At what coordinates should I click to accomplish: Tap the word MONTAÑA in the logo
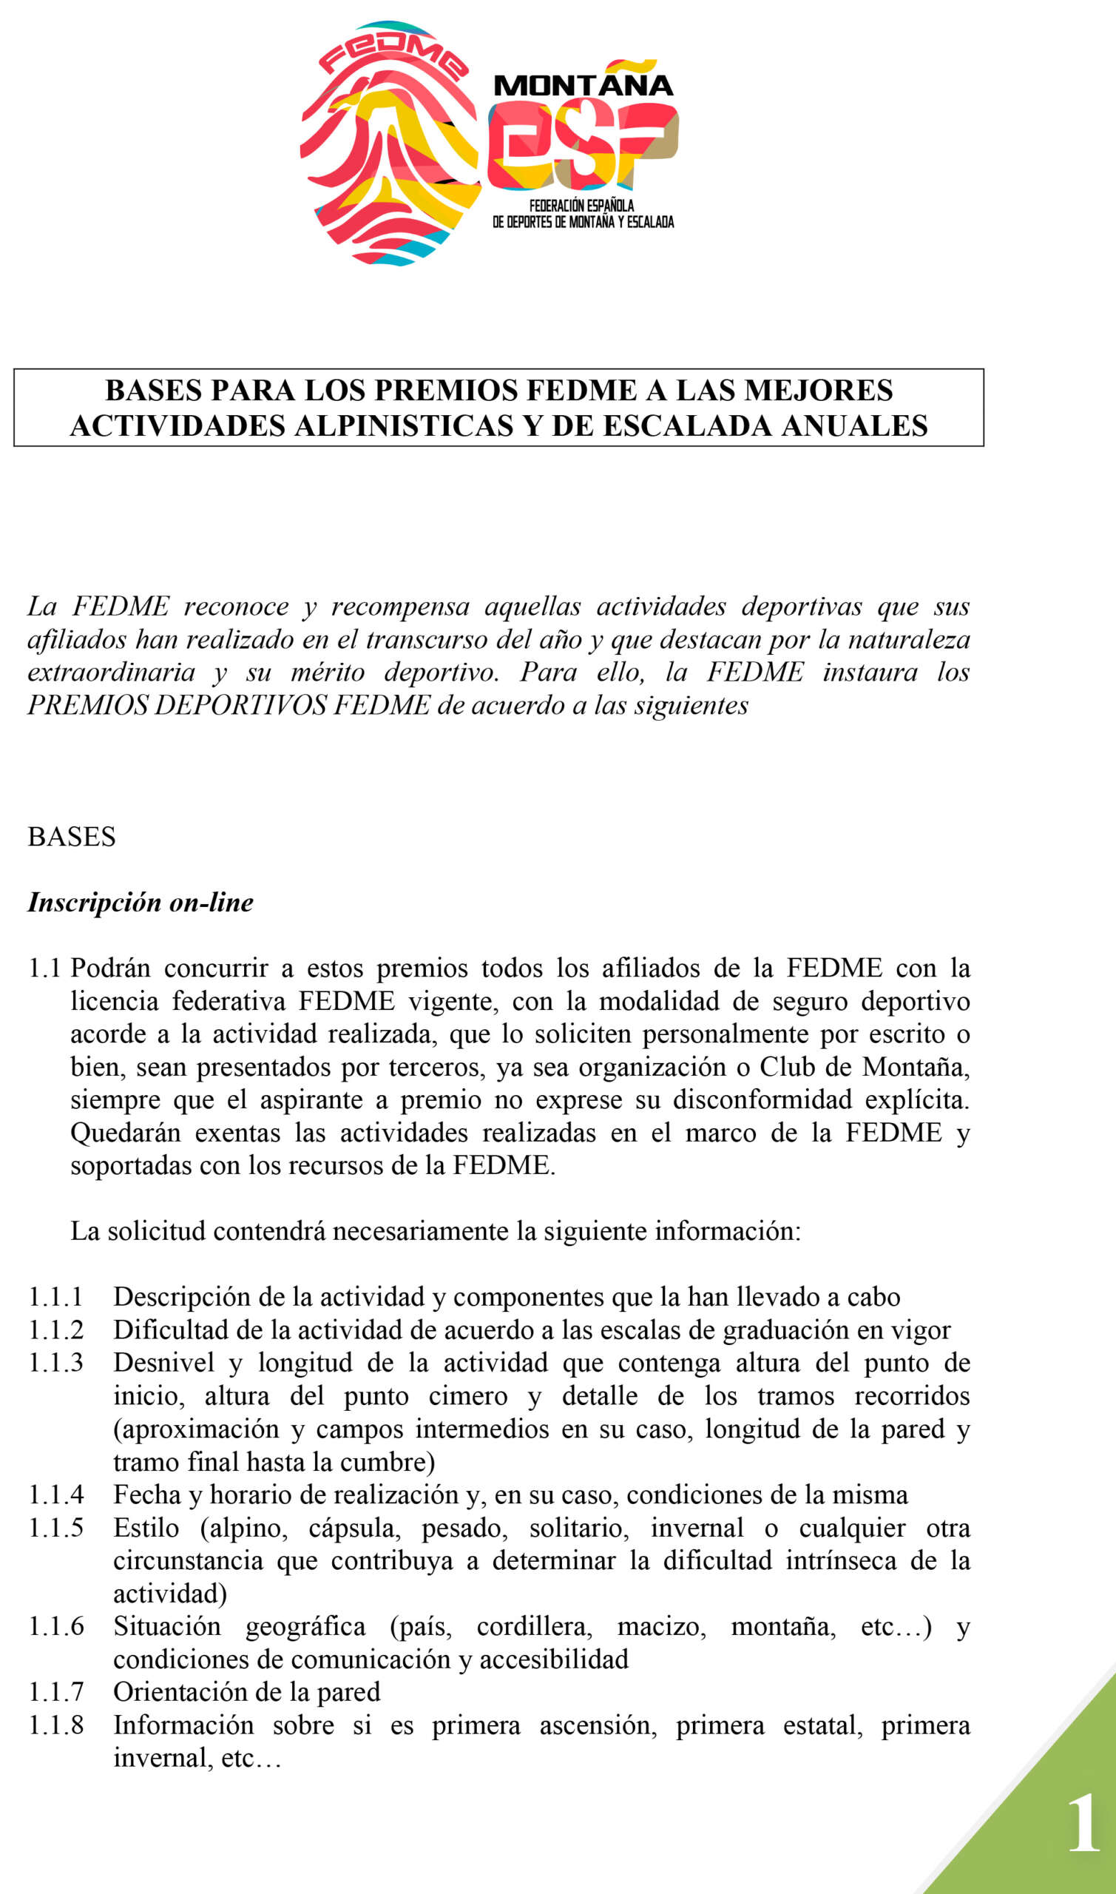click(x=583, y=86)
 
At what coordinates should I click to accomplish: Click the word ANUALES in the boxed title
click(x=854, y=425)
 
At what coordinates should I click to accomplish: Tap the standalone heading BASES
click(x=72, y=837)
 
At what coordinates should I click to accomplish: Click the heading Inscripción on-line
click(x=141, y=902)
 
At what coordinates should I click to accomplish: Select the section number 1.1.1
click(x=55, y=1297)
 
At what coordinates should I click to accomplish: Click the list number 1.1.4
click(x=55, y=1494)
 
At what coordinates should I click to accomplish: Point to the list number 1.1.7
click(x=55, y=1692)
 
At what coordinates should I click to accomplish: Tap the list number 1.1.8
click(x=55, y=1725)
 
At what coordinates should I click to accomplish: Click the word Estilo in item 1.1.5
click(x=146, y=1527)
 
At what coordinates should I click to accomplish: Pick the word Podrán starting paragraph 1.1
click(x=110, y=967)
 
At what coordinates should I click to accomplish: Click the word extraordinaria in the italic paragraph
click(x=111, y=672)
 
